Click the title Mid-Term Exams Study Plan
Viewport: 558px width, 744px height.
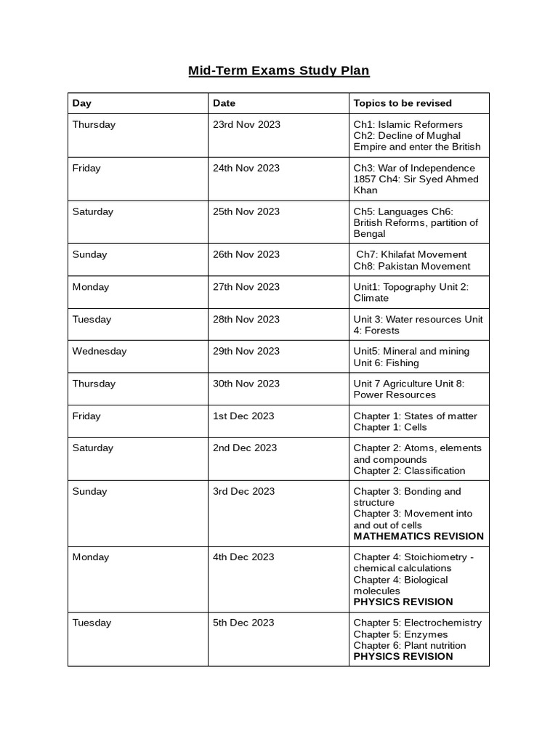pos(279,70)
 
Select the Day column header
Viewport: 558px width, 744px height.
pos(82,103)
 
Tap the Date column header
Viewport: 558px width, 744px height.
pos(224,103)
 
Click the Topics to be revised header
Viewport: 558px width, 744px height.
pos(403,103)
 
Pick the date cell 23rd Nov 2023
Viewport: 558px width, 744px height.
pos(246,124)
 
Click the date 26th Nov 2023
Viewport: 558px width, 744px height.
pos(246,254)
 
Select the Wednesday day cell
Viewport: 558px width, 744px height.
pos(100,351)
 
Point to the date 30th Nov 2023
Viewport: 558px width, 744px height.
pos(246,384)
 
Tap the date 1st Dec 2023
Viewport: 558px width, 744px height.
pos(243,416)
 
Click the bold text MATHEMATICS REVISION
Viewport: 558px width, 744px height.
pos(418,536)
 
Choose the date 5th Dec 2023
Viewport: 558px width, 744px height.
pos(243,623)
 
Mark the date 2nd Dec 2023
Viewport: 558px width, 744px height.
pos(245,448)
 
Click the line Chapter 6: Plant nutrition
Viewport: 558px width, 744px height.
pos(410,645)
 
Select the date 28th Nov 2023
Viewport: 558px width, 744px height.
pos(246,319)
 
